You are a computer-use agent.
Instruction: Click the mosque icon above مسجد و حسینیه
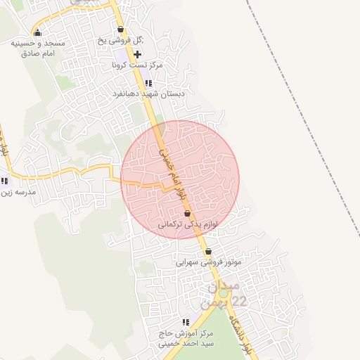coord(37,32)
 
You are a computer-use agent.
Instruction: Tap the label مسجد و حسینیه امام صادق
coord(38,48)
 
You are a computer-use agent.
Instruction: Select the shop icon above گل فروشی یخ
coord(121,30)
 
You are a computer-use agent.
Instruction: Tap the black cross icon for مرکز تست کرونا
coord(137,54)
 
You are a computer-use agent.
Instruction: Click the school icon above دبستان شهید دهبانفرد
coord(148,83)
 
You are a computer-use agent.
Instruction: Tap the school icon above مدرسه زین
coord(5,181)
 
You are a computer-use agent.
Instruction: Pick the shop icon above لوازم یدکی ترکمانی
coord(187,213)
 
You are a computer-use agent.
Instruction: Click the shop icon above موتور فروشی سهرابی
coord(208,251)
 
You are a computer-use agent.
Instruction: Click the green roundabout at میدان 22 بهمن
coord(224,295)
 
